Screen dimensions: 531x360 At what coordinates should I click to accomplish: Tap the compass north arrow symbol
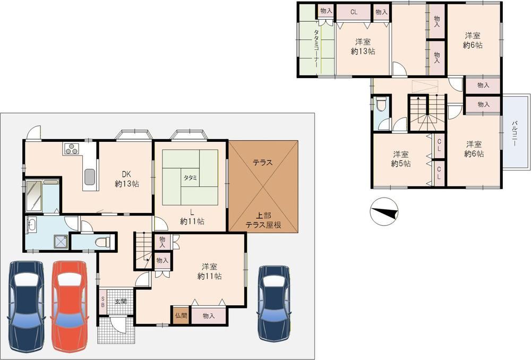click(384, 211)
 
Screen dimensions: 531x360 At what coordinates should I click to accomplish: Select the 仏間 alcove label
click(181, 315)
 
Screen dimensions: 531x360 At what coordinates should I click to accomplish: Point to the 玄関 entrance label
click(120, 301)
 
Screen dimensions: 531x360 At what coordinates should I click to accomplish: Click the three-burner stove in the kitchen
click(72, 149)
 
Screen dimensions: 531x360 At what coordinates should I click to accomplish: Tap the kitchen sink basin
click(90, 177)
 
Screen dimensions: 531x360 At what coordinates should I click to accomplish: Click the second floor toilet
click(381, 104)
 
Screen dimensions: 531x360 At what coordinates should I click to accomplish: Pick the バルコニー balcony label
click(515, 133)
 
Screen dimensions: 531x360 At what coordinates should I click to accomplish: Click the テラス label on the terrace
click(262, 162)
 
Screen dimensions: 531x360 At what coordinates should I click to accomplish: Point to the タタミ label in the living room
click(190, 177)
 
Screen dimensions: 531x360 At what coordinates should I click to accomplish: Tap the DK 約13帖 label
click(127, 179)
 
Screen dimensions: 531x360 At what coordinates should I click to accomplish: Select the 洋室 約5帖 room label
click(401, 159)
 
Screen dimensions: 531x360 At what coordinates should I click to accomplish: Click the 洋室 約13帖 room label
click(363, 47)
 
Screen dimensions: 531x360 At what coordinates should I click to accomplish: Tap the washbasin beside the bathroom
click(32, 225)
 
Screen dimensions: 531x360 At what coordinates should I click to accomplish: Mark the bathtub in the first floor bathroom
click(33, 196)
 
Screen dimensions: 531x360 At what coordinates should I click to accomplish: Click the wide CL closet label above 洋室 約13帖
click(354, 12)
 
